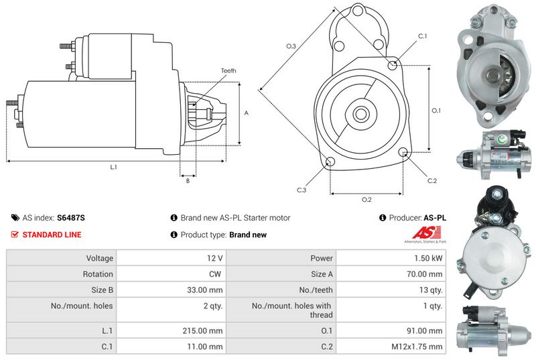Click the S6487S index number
pyautogui.click(x=71, y=218)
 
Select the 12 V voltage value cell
pyautogui.click(x=216, y=257)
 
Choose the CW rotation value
pyautogui.click(x=216, y=274)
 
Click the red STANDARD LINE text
pyautogui.click(x=52, y=235)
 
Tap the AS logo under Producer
pyautogui.click(x=423, y=234)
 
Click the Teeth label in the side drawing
pyautogui.click(x=228, y=70)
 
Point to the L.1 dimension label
pyautogui.click(x=114, y=166)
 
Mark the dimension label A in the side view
pyautogui.click(x=247, y=113)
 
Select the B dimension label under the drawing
pyautogui.click(x=188, y=180)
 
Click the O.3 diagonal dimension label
pyautogui.click(x=291, y=46)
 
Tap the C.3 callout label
pyautogui.click(x=301, y=190)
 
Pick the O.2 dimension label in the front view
pyautogui.click(x=366, y=200)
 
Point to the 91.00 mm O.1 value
pyautogui.click(x=427, y=330)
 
